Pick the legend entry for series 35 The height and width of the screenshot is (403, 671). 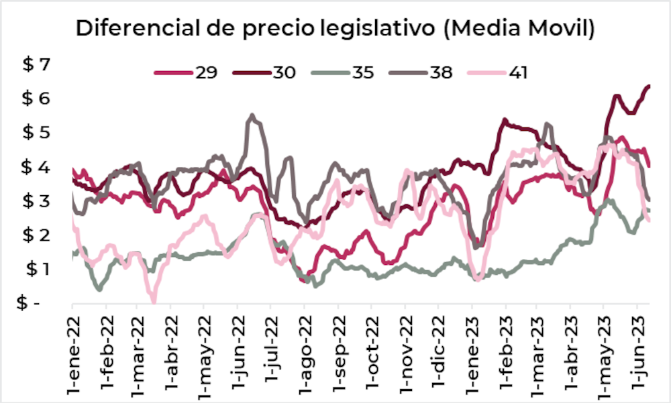(x=342, y=72)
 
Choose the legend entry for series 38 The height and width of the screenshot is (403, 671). (x=422, y=72)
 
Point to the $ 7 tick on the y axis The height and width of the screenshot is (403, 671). (x=37, y=64)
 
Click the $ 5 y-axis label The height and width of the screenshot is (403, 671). (x=37, y=133)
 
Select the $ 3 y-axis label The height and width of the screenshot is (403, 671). (x=37, y=200)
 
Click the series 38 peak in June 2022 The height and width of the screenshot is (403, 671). (x=252, y=115)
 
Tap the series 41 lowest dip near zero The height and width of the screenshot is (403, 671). (x=154, y=300)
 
